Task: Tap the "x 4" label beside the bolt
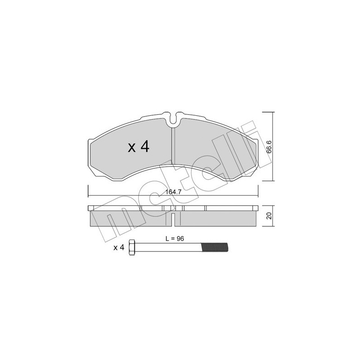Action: click(x=118, y=247)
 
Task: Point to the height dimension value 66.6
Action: click(x=269, y=147)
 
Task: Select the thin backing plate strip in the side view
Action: click(x=173, y=208)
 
